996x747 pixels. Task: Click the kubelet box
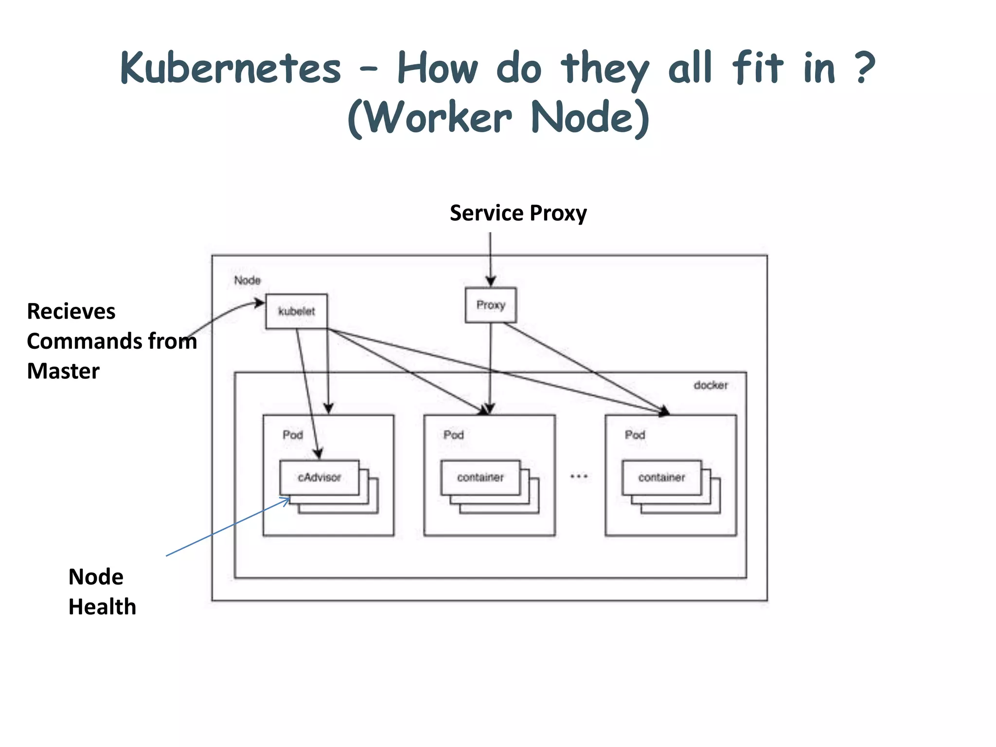[296, 311]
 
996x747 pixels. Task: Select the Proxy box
[491, 305]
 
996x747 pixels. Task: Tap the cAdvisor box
[320, 478]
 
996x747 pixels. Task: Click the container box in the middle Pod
[480, 478]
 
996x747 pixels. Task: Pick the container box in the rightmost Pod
[661, 478]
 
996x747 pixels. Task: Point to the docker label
[711, 385]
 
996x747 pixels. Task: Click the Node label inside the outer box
[247, 281]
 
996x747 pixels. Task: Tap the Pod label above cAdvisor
[293, 435]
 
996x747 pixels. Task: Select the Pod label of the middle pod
[454, 435]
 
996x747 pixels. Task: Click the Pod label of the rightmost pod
[635, 435]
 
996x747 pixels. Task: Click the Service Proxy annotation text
[518, 213]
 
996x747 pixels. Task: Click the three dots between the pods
[579, 477]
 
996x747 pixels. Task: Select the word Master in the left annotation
[63, 371]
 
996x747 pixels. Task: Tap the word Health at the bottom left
[102, 607]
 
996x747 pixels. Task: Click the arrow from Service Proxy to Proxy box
[490, 258]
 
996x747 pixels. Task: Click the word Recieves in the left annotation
[71, 311]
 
